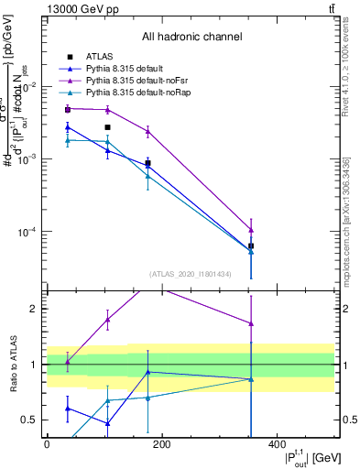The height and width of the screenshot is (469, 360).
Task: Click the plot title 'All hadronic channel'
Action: coord(191,38)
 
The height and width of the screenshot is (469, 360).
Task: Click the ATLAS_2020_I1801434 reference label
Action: coord(191,273)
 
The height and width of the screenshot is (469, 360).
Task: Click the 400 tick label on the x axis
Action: coord(278,444)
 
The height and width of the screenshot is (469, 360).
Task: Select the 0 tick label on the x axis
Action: coord(47,444)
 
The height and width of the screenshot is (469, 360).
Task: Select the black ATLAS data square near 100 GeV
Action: coord(107,127)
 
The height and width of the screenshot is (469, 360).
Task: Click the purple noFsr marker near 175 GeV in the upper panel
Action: coord(147,132)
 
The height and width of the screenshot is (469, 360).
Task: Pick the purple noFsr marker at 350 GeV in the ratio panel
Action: coord(251,323)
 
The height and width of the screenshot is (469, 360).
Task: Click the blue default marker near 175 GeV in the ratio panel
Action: coord(147,372)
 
